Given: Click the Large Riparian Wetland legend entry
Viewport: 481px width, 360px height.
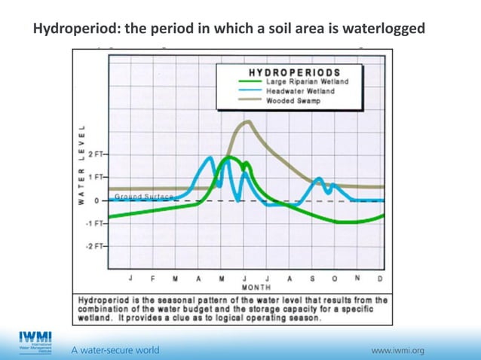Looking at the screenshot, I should pos(307,82).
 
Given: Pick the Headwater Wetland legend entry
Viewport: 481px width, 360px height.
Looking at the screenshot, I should pos(299,91).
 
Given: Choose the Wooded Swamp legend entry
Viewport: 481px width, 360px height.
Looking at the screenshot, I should pos(293,100).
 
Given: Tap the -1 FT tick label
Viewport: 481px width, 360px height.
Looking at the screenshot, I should pos(95,224).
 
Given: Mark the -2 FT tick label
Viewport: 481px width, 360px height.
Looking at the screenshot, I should pos(95,246).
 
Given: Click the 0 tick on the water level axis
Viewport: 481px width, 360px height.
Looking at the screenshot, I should pos(97,201).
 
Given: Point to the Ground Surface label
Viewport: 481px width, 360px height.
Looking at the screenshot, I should pos(143,197).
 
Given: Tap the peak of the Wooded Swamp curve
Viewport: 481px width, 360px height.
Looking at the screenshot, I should pos(246,121).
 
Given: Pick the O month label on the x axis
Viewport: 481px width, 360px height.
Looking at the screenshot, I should pos(334,278).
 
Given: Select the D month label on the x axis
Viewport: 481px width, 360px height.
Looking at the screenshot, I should pos(379,278).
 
